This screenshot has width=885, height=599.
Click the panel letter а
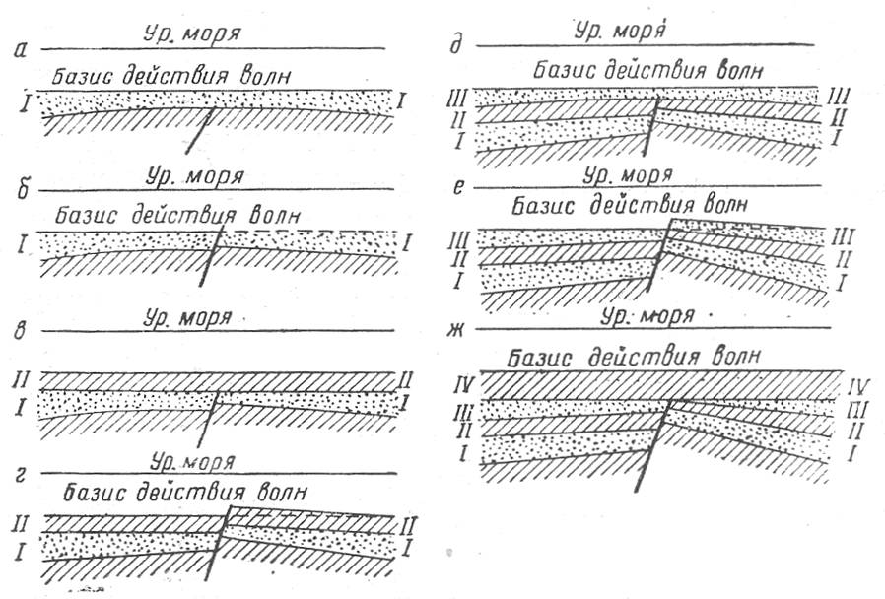(x=22, y=52)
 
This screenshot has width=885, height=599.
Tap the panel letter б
(x=23, y=189)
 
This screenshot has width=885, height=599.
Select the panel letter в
(x=22, y=331)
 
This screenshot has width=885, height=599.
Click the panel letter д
(x=456, y=44)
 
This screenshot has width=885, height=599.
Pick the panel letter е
(x=459, y=186)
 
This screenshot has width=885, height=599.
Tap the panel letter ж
(x=454, y=329)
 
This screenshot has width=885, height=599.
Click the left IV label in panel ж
(x=464, y=387)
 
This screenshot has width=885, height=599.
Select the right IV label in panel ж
(x=857, y=387)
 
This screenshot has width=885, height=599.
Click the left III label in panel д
(x=456, y=99)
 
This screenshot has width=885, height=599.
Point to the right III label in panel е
(x=844, y=236)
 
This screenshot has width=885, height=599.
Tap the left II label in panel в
(x=21, y=379)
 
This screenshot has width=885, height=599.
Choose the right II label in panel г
(x=407, y=527)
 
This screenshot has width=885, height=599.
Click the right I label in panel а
(x=401, y=101)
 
